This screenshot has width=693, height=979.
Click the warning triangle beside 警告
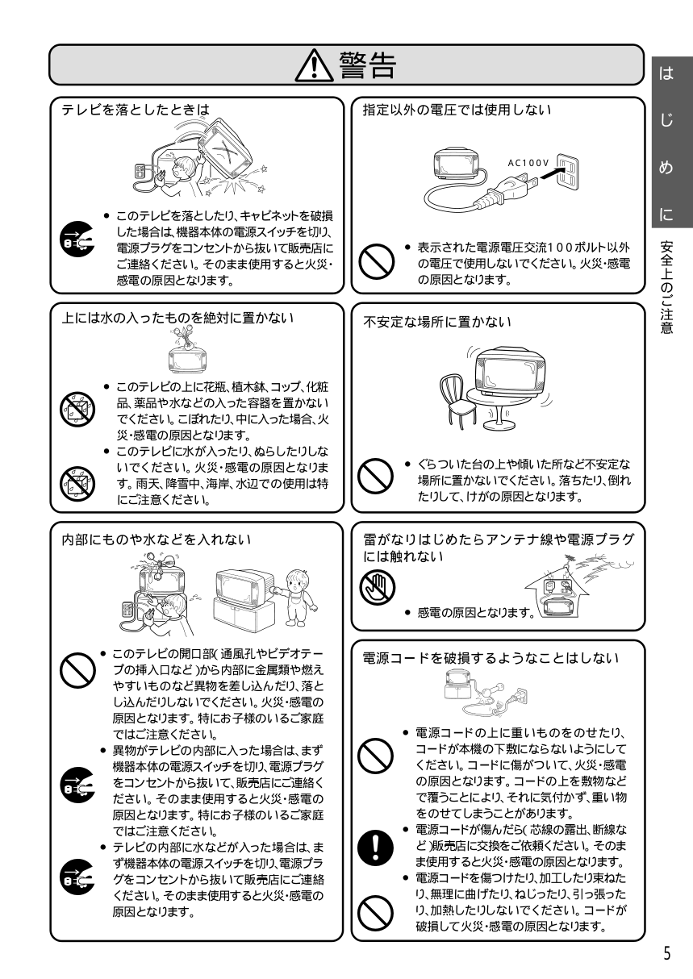314,65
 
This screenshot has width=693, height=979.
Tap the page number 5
666,953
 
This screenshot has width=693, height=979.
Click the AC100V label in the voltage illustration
528,163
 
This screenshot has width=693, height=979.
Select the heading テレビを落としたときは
136,110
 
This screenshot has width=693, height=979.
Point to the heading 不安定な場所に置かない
437,322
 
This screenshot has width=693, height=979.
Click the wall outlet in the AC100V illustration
567,172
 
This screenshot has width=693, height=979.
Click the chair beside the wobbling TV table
457,401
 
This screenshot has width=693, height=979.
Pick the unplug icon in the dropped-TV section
77,239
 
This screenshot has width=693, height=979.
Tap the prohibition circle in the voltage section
377,262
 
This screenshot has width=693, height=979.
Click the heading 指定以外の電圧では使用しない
457,110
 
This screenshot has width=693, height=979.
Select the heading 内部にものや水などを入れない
157,539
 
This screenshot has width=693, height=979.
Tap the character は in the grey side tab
666,73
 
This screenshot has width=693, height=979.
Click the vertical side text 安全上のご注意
666,287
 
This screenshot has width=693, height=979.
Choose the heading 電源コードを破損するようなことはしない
491,658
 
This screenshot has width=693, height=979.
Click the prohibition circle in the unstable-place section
376,476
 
